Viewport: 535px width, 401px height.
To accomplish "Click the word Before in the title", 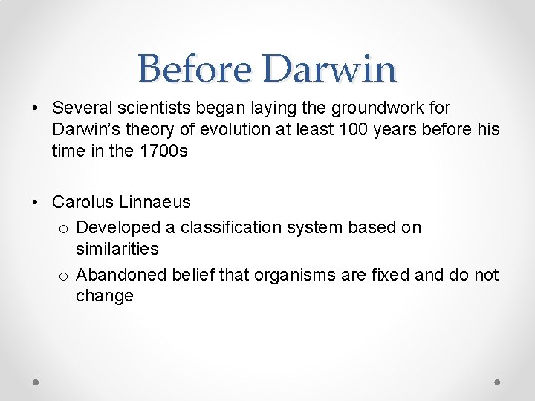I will tap(194, 69).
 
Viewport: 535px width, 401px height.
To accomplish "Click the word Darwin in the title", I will tap(328, 69).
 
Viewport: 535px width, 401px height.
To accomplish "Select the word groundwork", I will tap(367, 108).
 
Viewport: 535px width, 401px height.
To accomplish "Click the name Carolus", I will tap(82, 202).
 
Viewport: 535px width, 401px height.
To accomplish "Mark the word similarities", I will tap(117, 249).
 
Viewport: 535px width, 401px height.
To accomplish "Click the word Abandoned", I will tap(121, 275).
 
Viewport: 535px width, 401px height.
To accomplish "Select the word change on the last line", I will tap(105, 296).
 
